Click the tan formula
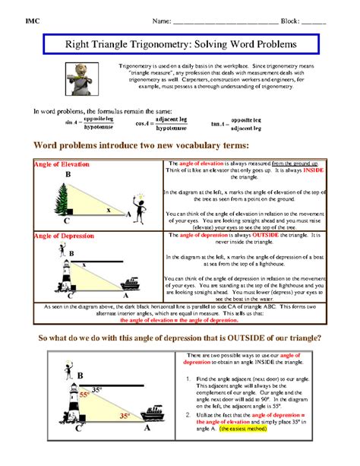pyautogui.click(x=240, y=123)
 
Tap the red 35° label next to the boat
pyautogui.click(x=124, y=416)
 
